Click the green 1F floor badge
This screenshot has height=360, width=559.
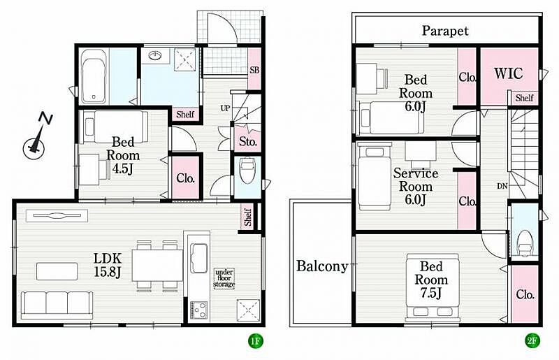point(255,341)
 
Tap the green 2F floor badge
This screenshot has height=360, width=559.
point(531,341)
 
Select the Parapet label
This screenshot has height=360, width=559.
point(445,31)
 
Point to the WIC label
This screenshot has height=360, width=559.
point(509,73)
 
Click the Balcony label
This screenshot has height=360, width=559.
point(322,266)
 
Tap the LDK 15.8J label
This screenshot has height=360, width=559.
point(108,265)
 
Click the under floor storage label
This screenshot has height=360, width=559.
point(224,278)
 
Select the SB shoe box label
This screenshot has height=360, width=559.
point(254,71)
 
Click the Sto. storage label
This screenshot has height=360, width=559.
point(248,142)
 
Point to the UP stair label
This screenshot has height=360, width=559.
point(225,108)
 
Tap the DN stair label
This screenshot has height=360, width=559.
point(502,186)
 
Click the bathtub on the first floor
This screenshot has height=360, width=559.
point(94,76)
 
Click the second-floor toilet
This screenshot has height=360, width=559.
point(524,243)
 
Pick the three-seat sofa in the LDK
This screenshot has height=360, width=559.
point(57,305)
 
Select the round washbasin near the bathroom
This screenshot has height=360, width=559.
point(154,56)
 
